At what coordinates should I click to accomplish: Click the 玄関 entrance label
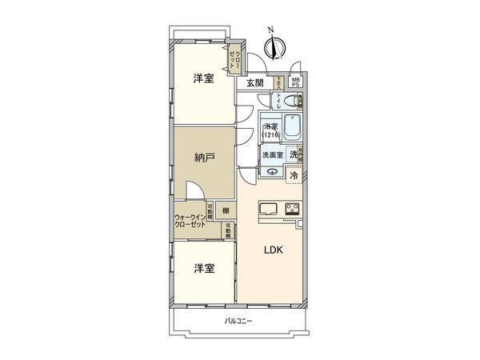(x=254, y=83)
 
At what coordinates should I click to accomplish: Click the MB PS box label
(x=296, y=82)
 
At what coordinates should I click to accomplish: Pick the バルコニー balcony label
(x=238, y=322)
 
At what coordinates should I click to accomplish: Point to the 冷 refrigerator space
(x=294, y=174)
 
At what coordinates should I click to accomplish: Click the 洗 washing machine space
(x=294, y=154)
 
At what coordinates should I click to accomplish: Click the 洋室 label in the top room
(x=202, y=78)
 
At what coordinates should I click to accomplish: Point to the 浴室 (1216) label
(x=270, y=130)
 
